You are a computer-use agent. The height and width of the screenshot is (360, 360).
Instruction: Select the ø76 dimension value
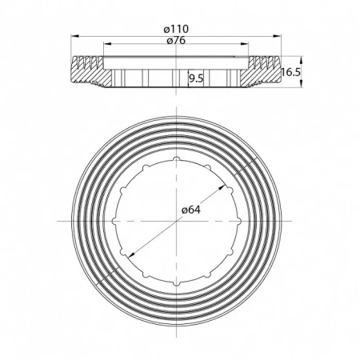pyautogui.click(x=178, y=42)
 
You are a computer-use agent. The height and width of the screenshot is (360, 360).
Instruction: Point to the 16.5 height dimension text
pyautogui.click(x=292, y=72)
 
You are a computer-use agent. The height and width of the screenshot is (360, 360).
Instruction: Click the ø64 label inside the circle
pyautogui.click(x=190, y=210)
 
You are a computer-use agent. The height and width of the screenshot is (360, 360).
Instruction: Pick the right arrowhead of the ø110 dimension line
pyautogui.click(x=283, y=35)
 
